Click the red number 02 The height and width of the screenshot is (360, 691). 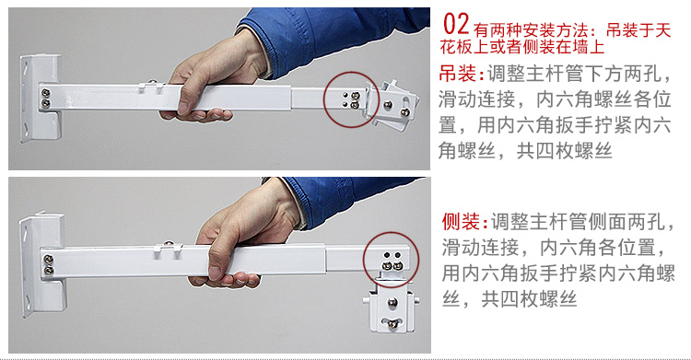point(457,24)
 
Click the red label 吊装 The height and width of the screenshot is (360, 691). point(457,74)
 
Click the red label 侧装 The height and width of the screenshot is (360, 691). point(461,222)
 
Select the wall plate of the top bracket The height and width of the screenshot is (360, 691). point(40,98)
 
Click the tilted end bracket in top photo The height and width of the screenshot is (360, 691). point(392,104)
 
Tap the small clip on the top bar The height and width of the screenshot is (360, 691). point(151,86)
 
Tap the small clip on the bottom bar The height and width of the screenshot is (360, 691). point(169,249)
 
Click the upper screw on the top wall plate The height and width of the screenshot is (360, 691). point(45,93)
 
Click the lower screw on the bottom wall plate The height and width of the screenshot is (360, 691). point(49,270)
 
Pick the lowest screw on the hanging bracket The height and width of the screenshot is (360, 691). point(392,324)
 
